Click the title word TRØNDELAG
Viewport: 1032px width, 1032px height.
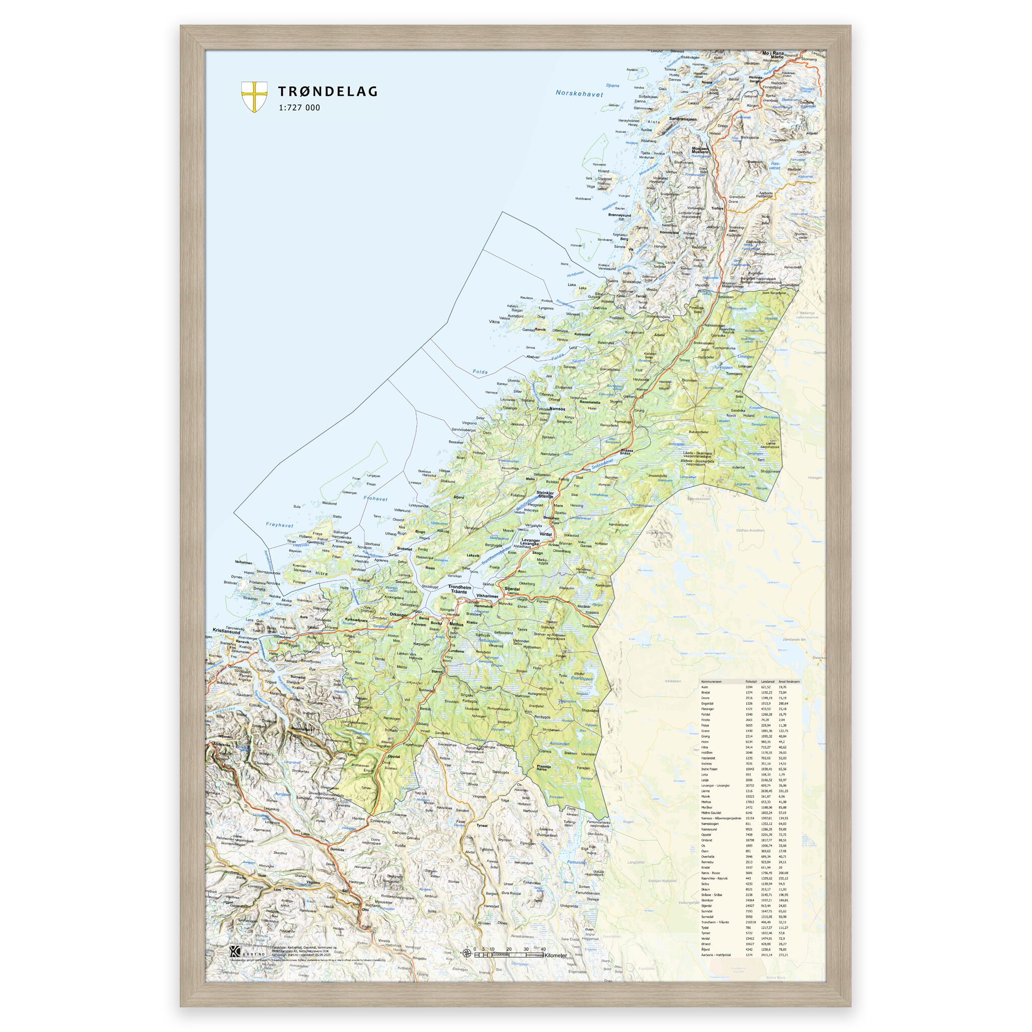(327, 91)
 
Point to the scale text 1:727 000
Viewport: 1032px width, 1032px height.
(299, 107)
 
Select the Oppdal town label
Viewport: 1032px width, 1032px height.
(393, 757)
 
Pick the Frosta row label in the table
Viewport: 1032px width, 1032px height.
(705, 720)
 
